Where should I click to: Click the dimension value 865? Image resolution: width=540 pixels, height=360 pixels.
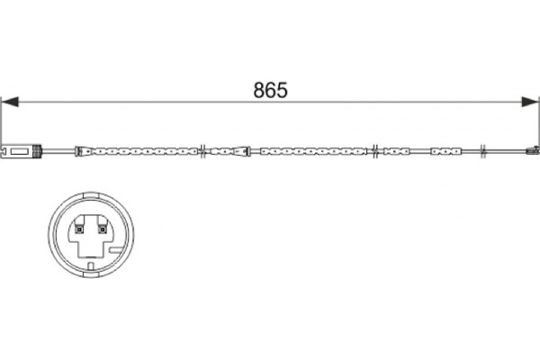click(270, 90)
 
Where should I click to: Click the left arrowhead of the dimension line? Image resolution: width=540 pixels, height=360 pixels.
click(10, 102)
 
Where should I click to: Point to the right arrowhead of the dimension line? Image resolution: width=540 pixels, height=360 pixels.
click(530, 102)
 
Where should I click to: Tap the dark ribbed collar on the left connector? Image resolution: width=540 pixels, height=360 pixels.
click(37, 151)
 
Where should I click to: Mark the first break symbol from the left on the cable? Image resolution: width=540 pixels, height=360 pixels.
click(203, 151)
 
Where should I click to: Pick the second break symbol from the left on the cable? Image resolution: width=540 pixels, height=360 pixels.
click(375, 151)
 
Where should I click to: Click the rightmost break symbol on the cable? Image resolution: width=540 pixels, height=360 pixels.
click(482, 151)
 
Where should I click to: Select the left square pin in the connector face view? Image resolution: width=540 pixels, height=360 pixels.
click(79, 229)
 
